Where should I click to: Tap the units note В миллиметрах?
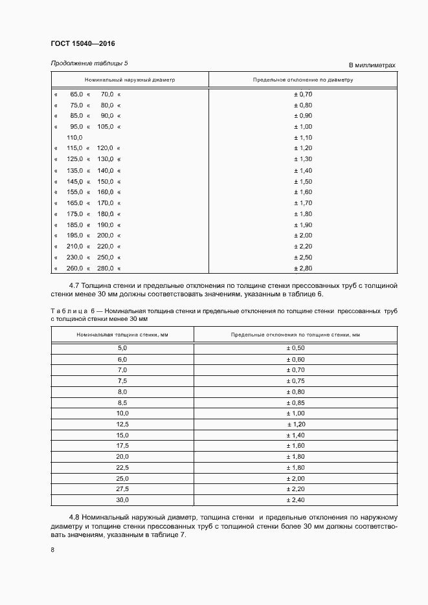pyautogui.click(x=372, y=65)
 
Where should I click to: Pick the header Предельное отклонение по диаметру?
pyautogui.click(x=303, y=80)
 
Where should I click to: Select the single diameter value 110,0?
pyautogui.click(x=74, y=138)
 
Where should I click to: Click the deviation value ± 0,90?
pyautogui.click(x=303, y=116)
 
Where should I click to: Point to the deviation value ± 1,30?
pyautogui.click(x=303, y=159)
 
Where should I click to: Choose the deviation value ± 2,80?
pyautogui.click(x=303, y=269)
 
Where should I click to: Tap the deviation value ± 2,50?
pyautogui.click(x=303, y=258)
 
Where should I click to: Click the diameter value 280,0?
pyautogui.click(x=105, y=269)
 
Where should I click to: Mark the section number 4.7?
pyautogui.click(x=75, y=285)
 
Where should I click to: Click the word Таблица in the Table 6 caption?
pyautogui.click(x=67, y=311)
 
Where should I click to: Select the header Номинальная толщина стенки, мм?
pyautogui.click(x=122, y=335)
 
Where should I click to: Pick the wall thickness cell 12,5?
pyautogui.click(x=122, y=424)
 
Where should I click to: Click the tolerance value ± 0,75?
pyautogui.click(x=295, y=380)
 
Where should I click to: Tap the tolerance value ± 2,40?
pyautogui.click(x=295, y=500)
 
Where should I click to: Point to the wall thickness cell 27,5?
pyautogui.click(x=122, y=489)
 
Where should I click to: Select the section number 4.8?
pyautogui.click(x=75, y=518)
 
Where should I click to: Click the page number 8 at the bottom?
pyautogui.click(x=53, y=550)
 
